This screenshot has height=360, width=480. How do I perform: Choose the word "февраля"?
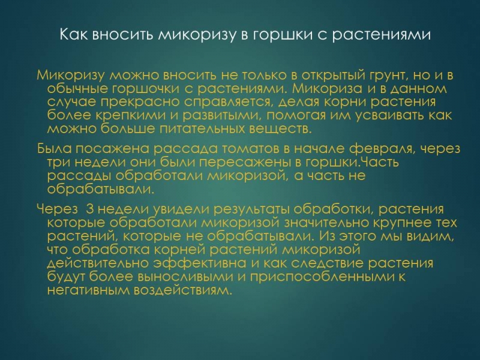382,149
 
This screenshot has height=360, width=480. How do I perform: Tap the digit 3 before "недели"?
89,209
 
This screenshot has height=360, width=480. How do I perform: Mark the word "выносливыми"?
186,277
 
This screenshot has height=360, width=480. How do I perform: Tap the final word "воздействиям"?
182,290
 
